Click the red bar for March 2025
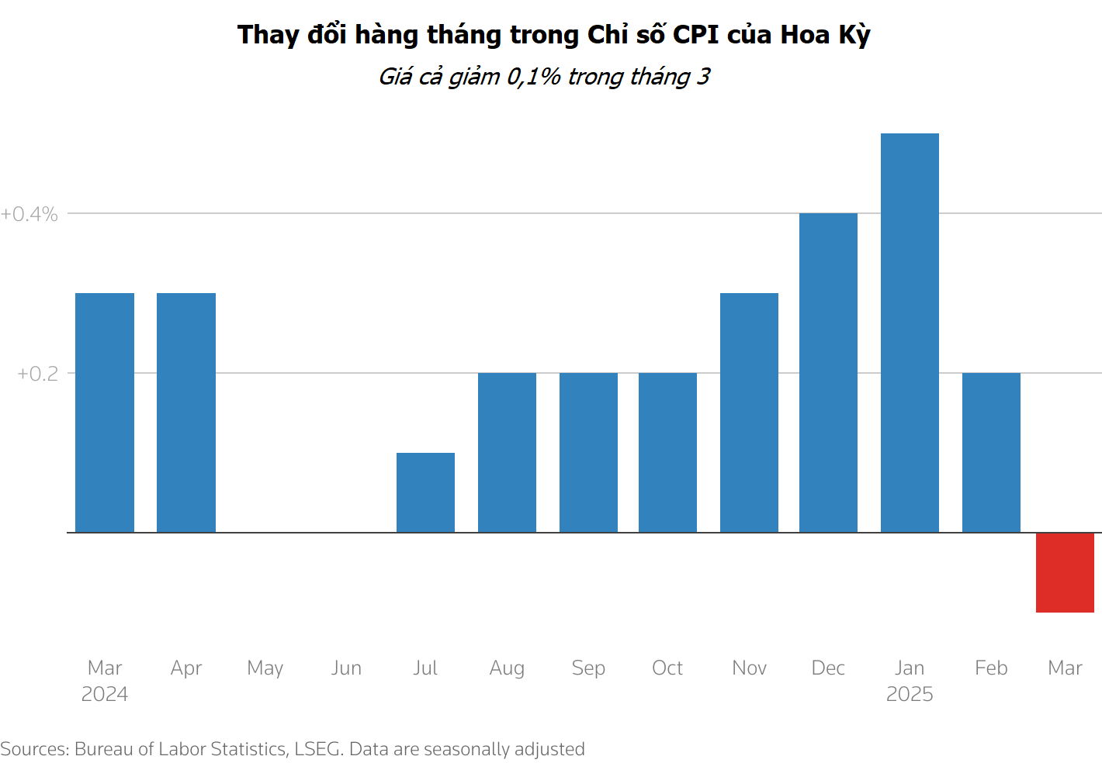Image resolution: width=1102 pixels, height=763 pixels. [x=1065, y=572]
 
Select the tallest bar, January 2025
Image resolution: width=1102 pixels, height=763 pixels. [x=910, y=333]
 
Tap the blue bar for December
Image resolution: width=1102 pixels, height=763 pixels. [x=828, y=373]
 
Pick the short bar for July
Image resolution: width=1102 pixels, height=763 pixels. [x=425, y=492]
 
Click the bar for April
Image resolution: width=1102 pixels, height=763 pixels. [x=186, y=413]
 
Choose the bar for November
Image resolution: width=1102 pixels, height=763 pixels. [x=749, y=413]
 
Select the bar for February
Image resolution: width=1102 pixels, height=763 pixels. [x=991, y=453]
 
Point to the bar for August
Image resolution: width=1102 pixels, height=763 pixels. [x=507, y=453]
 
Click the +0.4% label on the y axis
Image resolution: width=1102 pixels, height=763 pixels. [x=29, y=214]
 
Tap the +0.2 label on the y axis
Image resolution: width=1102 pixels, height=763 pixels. [x=37, y=374]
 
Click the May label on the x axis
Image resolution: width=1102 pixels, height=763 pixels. [x=265, y=668]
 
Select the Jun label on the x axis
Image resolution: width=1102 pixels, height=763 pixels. [x=346, y=668]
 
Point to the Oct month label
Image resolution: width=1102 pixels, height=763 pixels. [x=667, y=668]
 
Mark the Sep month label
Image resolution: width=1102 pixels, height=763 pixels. [x=588, y=668]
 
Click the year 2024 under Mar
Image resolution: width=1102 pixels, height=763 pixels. [x=105, y=694]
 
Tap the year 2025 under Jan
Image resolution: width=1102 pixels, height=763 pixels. [x=910, y=694]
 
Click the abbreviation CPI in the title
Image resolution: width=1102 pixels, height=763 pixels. [x=696, y=35]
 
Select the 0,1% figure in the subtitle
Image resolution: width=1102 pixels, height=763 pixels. [x=534, y=77]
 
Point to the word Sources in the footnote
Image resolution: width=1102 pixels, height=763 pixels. [x=35, y=749]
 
